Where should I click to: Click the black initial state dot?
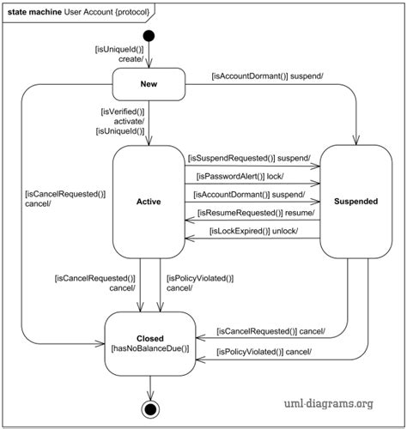pyautogui.click(x=149, y=36)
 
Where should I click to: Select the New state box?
pyautogui.click(x=149, y=84)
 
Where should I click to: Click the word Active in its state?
pyautogui.click(x=149, y=202)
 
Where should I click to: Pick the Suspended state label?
pyautogui.click(x=355, y=202)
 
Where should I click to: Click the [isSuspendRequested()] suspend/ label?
pyautogui.click(x=249, y=159)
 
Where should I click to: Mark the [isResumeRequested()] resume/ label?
pyautogui.click(x=255, y=213)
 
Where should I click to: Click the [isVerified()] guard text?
pyautogui.click(x=122, y=111)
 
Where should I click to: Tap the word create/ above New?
pyautogui.click(x=131, y=59)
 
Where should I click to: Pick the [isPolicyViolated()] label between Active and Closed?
pyautogui.click(x=199, y=278)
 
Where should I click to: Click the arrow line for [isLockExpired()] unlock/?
pyautogui.click(x=252, y=239)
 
